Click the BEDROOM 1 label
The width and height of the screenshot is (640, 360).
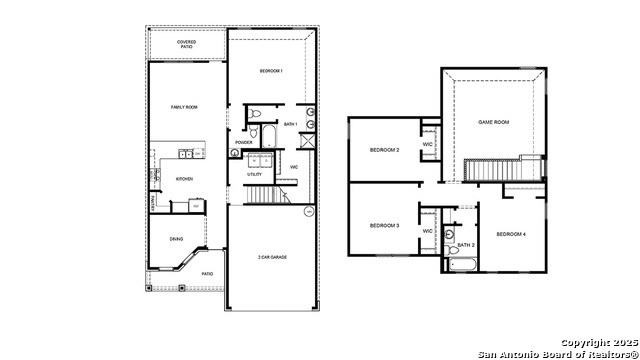(x=272, y=71)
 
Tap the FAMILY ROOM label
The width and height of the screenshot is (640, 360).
(x=184, y=106)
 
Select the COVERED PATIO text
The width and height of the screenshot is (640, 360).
(x=187, y=44)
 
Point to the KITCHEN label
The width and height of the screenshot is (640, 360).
(x=184, y=179)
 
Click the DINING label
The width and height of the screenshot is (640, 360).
(x=176, y=239)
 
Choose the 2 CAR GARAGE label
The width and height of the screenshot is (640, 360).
(x=272, y=258)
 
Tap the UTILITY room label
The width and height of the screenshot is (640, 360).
(x=255, y=174)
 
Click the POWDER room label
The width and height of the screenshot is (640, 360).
(x=244, y=142)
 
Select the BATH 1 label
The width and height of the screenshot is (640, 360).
(x=291, y=124)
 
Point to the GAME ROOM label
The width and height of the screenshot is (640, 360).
(x=494, y=121)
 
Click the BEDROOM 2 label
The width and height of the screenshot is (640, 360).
(x=384, y=150)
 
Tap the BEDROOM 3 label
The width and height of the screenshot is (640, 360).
(x=384, y=226)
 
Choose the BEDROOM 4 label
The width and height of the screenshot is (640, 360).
(x=511, y=234)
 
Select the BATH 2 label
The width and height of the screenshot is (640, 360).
(x=466, y=244)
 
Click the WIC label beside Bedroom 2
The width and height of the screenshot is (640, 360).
(x=427, y=144)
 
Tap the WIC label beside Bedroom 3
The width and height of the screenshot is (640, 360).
(x=427, y=231)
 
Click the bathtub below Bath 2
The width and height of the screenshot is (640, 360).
(x=463, y=265)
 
